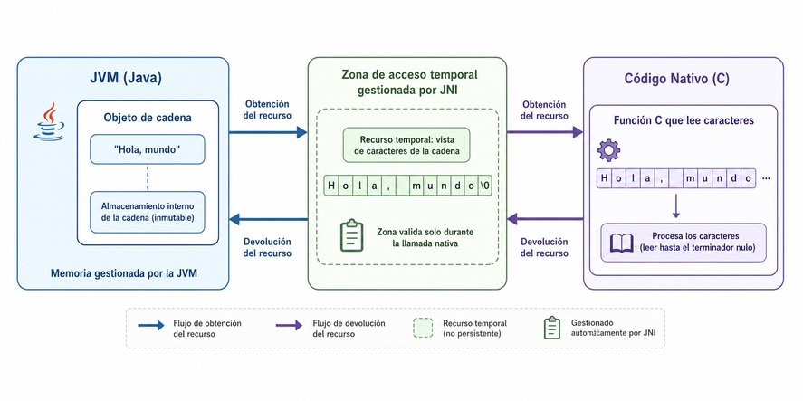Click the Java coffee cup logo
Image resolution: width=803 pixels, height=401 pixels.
[x=49, y=121]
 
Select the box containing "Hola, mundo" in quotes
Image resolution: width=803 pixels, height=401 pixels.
[x=148, y=149]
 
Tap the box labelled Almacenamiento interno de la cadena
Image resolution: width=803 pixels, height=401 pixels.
[x=148, y=212]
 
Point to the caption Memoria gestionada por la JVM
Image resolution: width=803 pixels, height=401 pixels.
[x=123, y=273]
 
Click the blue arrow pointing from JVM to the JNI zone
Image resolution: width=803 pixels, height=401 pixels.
[x=268, y=133]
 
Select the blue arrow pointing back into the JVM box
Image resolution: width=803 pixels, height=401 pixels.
[x=268, y=220]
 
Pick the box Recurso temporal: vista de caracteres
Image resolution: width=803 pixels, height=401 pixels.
[x=407, y=145]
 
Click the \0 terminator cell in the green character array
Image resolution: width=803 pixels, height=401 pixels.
[x=485, y=186]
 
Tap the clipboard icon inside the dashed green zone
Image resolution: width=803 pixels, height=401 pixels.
[x=351, y=235]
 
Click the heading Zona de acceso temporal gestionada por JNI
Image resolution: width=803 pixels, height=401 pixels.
[x=408, y=83]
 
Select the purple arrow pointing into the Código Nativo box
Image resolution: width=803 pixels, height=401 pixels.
[x=545, y=133]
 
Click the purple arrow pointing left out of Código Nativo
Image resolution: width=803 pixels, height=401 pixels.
[x=545, y=220]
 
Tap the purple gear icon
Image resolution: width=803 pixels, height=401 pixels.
[x=608, y=150]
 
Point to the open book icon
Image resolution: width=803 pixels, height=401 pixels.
[x=622, y=243]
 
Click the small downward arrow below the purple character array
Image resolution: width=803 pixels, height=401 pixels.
[x=676, y=205]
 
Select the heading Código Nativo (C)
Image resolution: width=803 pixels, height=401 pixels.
[x=676, y=79]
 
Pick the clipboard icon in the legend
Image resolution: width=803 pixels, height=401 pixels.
[x=551, y=328]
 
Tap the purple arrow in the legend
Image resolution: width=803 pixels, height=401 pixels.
[x=289, y=325]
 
